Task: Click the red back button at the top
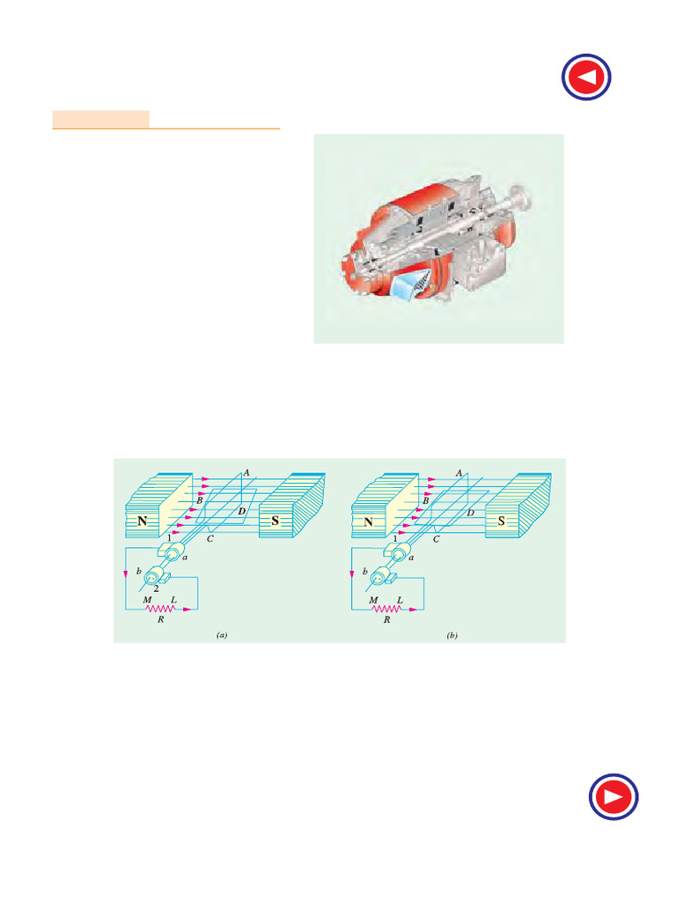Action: tap(587, 78)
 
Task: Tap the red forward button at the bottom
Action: tap(614, 799)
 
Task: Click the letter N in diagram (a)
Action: tap(142, 521)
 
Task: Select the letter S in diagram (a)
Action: tap(275, 521)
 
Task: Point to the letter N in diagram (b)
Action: tap(368, 521)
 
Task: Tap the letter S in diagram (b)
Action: tap(502, 521)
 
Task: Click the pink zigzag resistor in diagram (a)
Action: tap(160, 608)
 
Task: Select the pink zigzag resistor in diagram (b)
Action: tap(386, 608)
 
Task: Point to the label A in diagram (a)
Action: tap(246, 473)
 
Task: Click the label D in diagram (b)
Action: tap(471, 512)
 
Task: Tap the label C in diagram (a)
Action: tap(209, 537)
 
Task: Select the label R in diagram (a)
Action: tap(159, 619)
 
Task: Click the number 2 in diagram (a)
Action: tap(156, 588)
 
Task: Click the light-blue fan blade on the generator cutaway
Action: tap(411, 287)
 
